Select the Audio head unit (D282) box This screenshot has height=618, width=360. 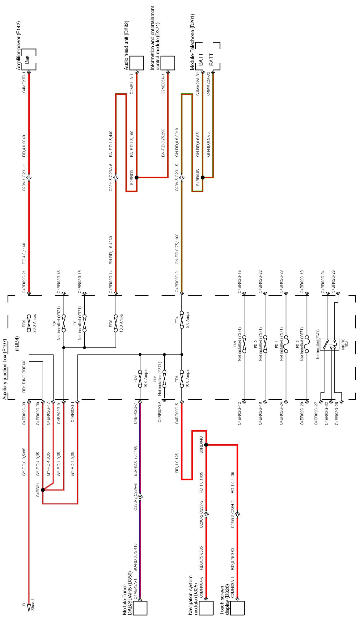pos(137,63)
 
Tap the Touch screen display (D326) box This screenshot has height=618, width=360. pos(237,607)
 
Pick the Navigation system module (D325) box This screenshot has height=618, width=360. pos(206,607)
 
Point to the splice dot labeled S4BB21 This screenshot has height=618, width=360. pos(43,490)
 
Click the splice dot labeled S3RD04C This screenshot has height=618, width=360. pos(206,445)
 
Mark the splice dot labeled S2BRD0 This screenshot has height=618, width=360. pos(137,177)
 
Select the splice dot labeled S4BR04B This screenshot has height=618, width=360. pos(203,177)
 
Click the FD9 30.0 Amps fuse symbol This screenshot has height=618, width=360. pos(29,323)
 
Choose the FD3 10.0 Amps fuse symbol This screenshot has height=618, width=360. pos(140,379)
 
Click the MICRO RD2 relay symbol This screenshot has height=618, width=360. pos(329,344)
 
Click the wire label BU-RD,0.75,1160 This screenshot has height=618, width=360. pos(135,461)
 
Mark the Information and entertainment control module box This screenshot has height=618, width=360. pos(168,63)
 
